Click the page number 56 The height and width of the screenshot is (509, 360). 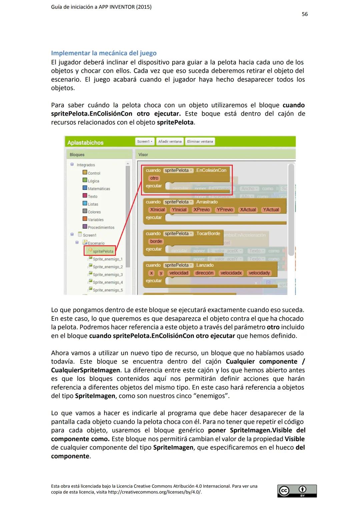pyautogui.click(x=305, y=14)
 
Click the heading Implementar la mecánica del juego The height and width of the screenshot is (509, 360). pyautogui.click(x=104, y=53)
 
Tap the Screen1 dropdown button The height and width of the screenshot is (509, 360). pyautogui.click(x=145, y=142)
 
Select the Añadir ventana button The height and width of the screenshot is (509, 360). pyautogui.click(x=170, y=142)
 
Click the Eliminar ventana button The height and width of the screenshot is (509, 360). pyautogui.click(x=200, y=142)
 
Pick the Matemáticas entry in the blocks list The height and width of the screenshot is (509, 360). pyautogui.click(x=99, y=189)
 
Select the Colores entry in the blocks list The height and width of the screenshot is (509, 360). pyautogui.click(x=94, y=212)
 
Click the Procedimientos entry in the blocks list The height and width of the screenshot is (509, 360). pyautogui.click(x=101, y=228)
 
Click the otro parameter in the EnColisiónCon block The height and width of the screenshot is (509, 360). pyautogui.click(x=154, y=178)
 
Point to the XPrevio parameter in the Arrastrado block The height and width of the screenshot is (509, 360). pyautogui.click(x=201, y=210)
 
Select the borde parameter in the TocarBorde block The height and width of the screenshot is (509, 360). pyautogui.click(x=156, y=242)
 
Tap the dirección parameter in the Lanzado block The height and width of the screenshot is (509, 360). pyautogui.click(x=204, y=273)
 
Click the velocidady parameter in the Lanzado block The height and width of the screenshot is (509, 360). pyautogui.click(x=259, y=273)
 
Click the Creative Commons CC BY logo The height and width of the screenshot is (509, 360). pyautogui.click(x=297, y=491)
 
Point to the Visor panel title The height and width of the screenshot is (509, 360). pyautogui.click(x=143, y=155)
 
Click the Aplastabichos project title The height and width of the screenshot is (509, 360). pyautogui.click(x=85, y=143)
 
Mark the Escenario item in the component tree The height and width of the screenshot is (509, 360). pyautogui.click(x=96, y=243)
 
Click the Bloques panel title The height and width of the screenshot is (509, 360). pyautogui.click(x=77, y=155)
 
